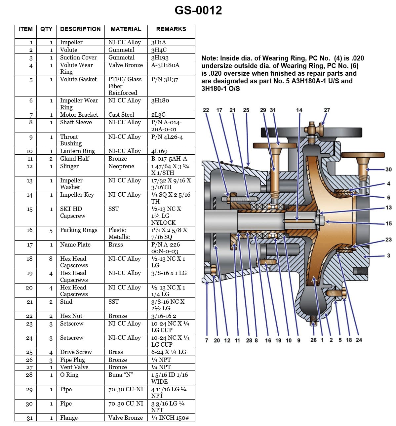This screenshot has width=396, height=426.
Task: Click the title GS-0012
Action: (198, 10)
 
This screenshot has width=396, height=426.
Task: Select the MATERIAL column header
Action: (126, 29)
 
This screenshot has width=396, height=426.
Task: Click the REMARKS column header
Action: (171, 29)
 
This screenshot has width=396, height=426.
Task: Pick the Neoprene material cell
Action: (121, 166)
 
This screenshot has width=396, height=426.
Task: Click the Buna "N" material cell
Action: (121, 375)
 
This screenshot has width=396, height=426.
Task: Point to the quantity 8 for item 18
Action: (51, 259)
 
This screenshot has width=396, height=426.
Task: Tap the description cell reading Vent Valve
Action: (74, 367)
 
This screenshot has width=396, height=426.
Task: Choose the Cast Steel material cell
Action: (121, 115)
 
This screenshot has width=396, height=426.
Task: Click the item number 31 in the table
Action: (30, 418)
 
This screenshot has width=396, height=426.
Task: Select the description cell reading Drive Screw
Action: (76, 352)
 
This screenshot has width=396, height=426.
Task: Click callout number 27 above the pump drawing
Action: (327, 110)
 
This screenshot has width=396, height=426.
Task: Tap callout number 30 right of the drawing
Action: (388, 170)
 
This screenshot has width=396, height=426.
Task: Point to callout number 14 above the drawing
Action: (299, 110)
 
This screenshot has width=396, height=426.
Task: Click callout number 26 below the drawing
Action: (313, 340)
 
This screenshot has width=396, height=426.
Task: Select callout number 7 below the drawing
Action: (207, 340)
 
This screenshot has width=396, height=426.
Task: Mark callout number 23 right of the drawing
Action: (388, 240)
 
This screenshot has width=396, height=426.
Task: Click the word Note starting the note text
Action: (209, 58)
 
